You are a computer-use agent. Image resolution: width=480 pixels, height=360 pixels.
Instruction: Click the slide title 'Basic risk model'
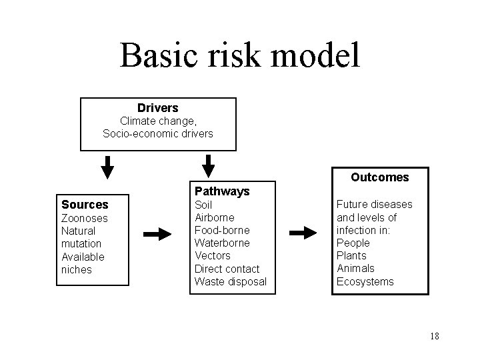tap(240, 55)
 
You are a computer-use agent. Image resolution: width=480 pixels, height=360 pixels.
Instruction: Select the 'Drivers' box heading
tap(157, 107)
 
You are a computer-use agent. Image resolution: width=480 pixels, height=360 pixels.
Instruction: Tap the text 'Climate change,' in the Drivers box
tap(157, 121)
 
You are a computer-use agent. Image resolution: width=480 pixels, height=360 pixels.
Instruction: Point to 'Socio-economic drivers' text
tap(157, 133)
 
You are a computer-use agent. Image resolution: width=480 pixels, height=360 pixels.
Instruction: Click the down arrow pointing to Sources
tap(107, 167)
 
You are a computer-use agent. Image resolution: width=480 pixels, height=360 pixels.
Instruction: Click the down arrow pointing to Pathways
tap(209, 167)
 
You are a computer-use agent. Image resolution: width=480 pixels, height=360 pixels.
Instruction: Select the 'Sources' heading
tap(85, 205)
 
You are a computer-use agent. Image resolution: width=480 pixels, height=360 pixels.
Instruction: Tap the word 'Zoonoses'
tap(84, 218)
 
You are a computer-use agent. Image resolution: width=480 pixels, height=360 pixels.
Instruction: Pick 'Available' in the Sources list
tap(83, 257)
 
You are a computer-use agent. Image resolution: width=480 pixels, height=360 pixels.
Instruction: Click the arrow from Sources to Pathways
tap(159, 234)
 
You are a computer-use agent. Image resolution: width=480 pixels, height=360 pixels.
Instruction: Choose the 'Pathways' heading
tap(222, 191)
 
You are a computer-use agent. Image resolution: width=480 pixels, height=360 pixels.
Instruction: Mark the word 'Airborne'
tap(214, 217)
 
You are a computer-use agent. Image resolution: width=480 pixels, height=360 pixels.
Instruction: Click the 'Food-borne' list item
tap(221, 230)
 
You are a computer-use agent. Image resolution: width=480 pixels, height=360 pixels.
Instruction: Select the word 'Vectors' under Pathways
tap(212, 256)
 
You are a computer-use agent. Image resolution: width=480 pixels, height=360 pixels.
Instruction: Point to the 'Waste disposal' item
tap(230, 281)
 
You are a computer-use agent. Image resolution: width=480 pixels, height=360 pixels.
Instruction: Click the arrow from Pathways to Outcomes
tap(305, 233)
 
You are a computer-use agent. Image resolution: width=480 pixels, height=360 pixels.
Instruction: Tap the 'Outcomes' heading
tap(380, 177)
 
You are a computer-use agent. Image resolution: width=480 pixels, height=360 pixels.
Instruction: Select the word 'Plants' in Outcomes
tap(351, 256)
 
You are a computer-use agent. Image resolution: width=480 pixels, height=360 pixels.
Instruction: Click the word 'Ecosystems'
tap(365, 281)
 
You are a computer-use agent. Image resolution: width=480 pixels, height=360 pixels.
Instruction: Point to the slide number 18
tap(434, 336)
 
